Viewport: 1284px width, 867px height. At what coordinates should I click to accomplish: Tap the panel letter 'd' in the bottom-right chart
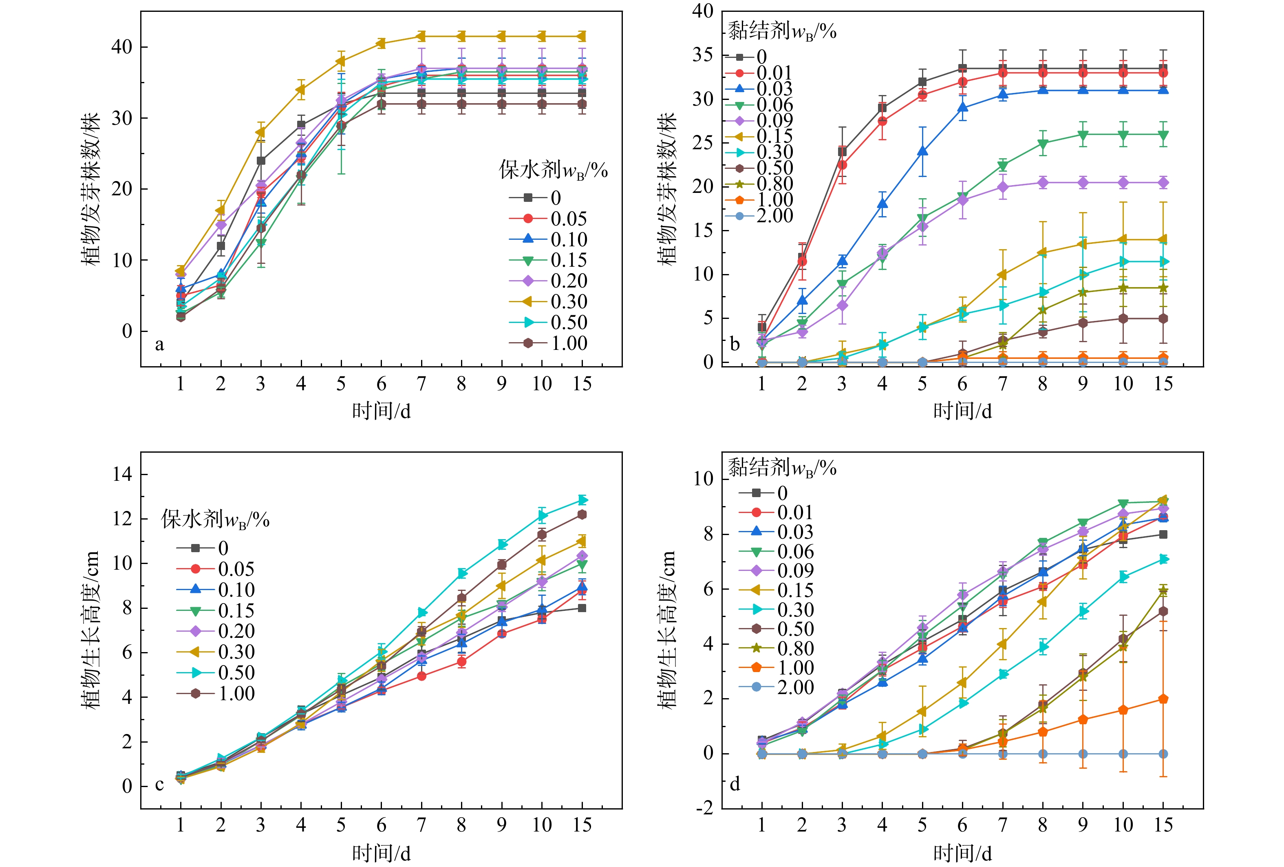[x=735, y=783]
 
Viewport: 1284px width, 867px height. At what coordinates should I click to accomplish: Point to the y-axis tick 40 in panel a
[x=122, y=47]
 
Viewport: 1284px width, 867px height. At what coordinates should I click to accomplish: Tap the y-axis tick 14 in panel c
[x=122, y=474]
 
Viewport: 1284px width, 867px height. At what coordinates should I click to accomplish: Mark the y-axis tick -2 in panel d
[x=704, y=808]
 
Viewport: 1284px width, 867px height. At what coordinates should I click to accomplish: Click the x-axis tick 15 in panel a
[x=582, y=383]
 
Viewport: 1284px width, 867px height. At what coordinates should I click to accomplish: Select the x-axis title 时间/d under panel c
[x=381, y=853]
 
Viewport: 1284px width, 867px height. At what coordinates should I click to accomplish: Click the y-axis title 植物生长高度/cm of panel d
[x=667, y=630]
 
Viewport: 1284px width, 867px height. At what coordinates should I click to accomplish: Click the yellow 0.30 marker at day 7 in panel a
[x=421, y=36]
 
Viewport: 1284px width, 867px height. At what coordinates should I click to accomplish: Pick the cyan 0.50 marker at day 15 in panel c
[x=582, y=500]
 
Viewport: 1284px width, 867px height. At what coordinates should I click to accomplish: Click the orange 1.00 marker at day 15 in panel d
[x=1163, y=699]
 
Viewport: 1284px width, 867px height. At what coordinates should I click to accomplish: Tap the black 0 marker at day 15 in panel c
[x=582, y=608]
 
